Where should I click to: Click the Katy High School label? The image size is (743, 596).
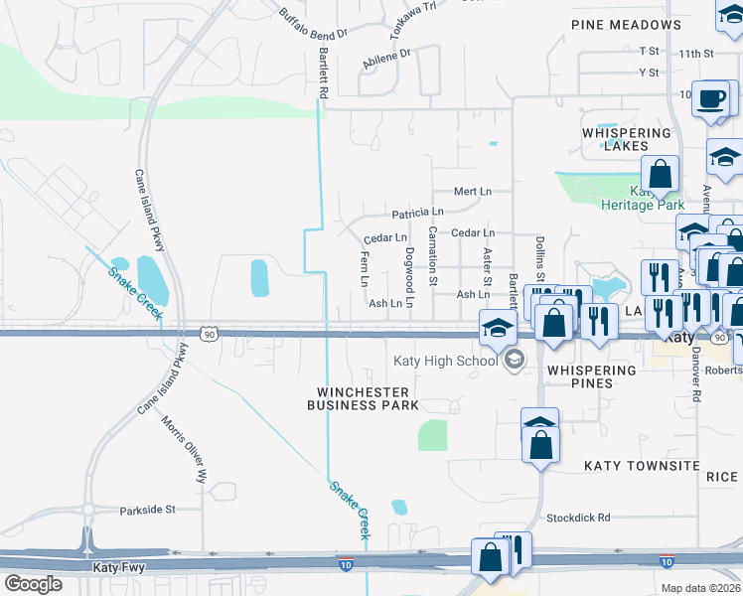(x=445, y=361)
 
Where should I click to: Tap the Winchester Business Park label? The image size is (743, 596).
(x=363, y=398)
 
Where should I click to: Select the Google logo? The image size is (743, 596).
(x=33, y=584)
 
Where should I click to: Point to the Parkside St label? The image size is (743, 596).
(x=147, y=510)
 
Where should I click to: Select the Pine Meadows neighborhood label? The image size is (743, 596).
(x=626, y=25)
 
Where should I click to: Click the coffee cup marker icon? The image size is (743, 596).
(x=711, y=99)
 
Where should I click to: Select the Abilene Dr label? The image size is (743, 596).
(x=386, y=60)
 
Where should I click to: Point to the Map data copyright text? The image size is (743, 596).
(x=700, y=588)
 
